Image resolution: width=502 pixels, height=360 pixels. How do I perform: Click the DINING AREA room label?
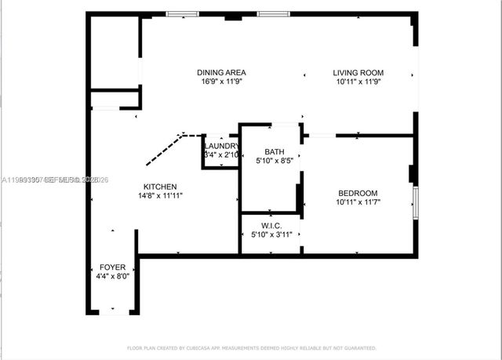pos(217,73)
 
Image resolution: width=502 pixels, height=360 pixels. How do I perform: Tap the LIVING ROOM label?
pos(358,73)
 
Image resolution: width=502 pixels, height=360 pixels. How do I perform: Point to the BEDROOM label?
pos(358,194)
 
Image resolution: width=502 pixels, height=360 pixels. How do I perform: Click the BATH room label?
pos(274,152)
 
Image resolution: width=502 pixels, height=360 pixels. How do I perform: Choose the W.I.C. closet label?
pos(271,225)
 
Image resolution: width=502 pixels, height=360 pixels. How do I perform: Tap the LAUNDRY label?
pos(220,147)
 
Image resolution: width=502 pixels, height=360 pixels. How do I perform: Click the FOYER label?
pos(112,267)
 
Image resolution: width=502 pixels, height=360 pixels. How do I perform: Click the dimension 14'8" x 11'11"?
pos(159,196)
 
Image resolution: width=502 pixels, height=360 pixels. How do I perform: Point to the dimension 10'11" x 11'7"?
pos(358,203)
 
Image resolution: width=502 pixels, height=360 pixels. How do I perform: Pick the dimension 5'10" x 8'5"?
pos(274,162)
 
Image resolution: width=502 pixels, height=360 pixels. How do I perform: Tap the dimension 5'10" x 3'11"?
pos(271,235)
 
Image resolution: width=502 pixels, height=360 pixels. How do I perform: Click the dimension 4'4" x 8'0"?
pos(112,277)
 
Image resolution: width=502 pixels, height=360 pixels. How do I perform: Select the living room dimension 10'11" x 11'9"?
pos(358,82)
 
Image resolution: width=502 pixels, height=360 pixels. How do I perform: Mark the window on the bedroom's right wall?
pos(416,201)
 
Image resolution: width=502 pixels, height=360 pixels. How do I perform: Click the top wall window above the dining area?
pos(181,13)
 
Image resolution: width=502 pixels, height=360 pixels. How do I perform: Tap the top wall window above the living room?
pos(274,13)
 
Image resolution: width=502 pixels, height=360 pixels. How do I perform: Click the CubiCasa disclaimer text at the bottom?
pos(251,347)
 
